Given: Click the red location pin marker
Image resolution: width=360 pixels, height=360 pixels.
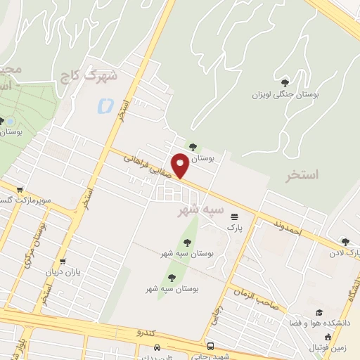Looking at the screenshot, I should coord(181,166).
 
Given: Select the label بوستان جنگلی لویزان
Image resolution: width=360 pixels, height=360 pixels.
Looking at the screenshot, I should coord(283,95).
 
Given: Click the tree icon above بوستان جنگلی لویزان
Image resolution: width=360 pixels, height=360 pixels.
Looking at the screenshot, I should coord(284,83).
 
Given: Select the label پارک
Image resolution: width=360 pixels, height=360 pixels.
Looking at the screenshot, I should coord(234,228).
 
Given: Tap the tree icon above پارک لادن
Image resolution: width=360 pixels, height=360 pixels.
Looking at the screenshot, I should coord(345,241).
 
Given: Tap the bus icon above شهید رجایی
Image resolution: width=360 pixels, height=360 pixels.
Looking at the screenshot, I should coord(211,346).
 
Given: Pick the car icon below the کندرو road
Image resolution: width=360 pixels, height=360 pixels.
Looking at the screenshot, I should coord(158,347).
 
